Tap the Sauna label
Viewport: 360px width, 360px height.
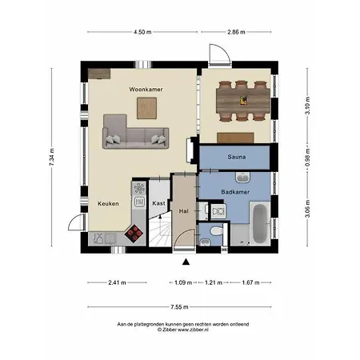[x=236, y=157]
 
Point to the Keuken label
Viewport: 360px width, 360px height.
[x=108, y=204]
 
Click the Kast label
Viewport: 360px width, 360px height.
[x=158, y=204]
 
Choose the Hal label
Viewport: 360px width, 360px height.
[x=184, y=211]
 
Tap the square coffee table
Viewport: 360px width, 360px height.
[x=146, y=106]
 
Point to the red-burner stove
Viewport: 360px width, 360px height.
[x=135, y=234]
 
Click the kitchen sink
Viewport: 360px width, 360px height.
[x=138, y=190]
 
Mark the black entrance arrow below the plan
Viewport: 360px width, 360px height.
[x=186, y=261]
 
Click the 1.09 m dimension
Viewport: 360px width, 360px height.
[x=183, y=282]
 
